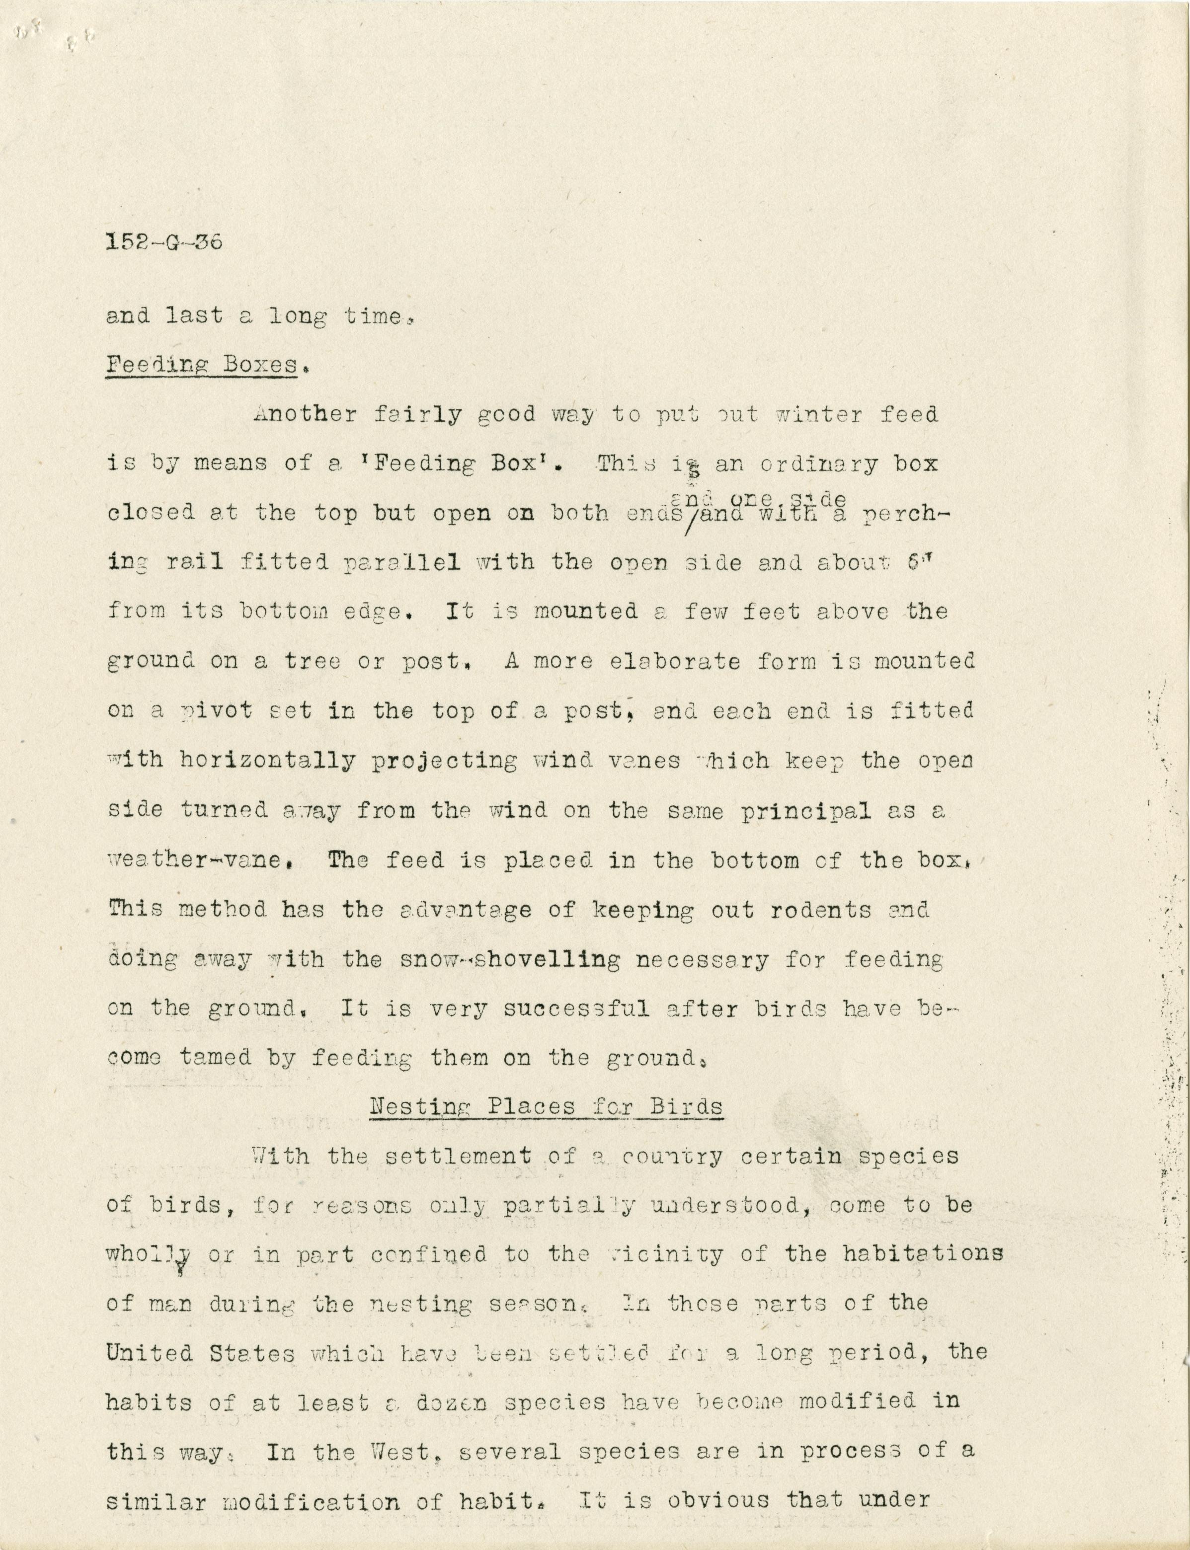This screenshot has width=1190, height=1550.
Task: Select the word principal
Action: click(x=805, y=811)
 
